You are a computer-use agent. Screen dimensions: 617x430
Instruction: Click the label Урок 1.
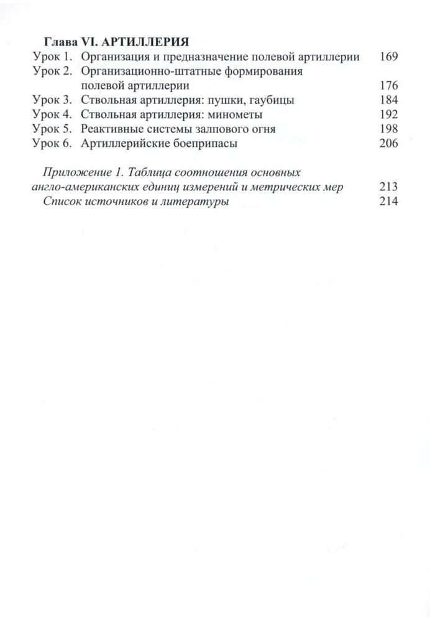point(53,57)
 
